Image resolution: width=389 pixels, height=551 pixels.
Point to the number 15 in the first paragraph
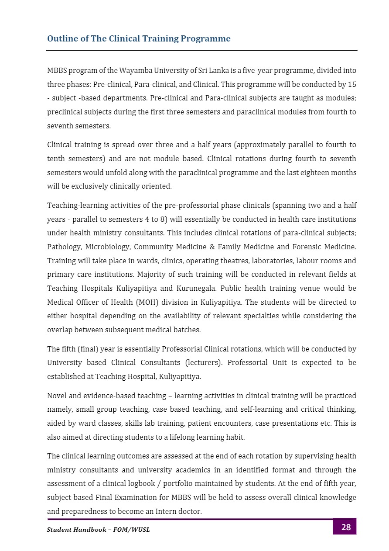[352, 84]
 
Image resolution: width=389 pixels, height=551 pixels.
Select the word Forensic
[305, 247]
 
